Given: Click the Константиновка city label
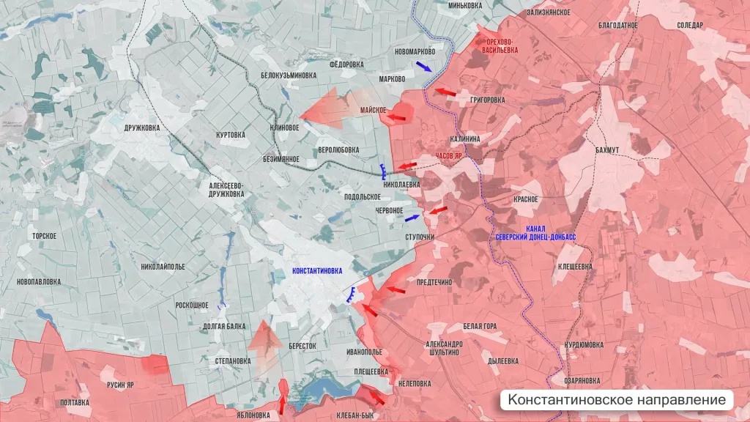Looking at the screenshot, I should (x=316, y=270).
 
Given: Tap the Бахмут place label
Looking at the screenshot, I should (x=607, y=150).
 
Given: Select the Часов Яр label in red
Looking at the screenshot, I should (x=448, y=157).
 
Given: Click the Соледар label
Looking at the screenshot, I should (x=689, y=25).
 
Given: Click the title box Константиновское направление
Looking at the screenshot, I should (x=617, y=400).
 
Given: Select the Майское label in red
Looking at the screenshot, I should (x=373, y=110).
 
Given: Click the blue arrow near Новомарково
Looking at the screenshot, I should (x=424, y=66).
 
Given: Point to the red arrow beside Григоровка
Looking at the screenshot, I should (x=445, y=92).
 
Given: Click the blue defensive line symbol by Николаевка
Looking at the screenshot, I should (x=384, y=172).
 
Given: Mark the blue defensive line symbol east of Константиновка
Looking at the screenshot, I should (x=352, y=295).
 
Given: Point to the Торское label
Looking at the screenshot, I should (x=44, y=236).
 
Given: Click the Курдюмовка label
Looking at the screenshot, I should (x=584, y=344).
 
